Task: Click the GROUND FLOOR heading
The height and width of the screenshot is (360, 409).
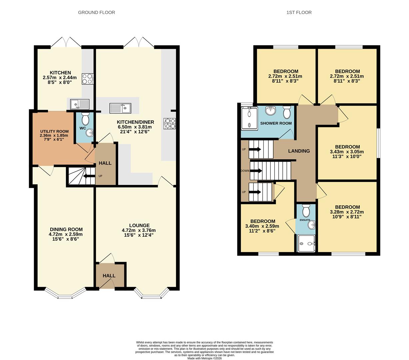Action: [x=96, y=12]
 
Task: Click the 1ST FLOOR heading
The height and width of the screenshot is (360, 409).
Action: [x=299, y=12]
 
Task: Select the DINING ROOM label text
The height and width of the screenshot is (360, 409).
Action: [x=66, y=229]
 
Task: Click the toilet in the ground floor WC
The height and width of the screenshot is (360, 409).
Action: [x=85, y=118]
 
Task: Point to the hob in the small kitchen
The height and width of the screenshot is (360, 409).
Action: [x=88, y=79]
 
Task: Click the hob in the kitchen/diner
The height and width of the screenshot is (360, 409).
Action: [x=169, y=123]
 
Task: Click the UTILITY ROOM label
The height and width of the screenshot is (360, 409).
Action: [x=54, y=131]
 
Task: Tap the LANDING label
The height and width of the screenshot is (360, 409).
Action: [x=299, y=151]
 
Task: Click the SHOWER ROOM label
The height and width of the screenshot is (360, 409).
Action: [x=276, y=123]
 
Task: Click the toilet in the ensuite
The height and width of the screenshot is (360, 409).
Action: [x=306, y=211]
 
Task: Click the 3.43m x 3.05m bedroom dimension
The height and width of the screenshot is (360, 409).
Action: [x=347, y=151]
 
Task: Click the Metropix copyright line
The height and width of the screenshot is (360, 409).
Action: [x=204, y=358]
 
